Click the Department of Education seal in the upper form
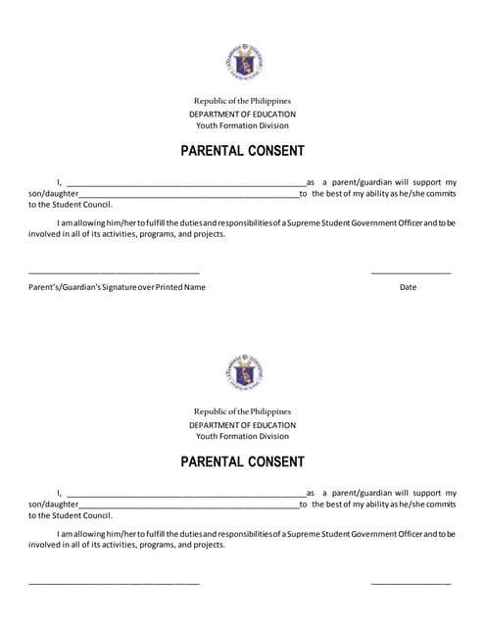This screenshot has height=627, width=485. (242, 63)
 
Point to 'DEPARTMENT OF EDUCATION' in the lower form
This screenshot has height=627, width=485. (242, 424)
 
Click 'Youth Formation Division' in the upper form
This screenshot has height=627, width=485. (242, 125)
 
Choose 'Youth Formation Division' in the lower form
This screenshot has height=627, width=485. (242, 436)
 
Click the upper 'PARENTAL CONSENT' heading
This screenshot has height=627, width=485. (242, 151)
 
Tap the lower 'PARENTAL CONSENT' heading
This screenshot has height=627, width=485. (242, 461)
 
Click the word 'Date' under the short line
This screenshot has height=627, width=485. (409, 287)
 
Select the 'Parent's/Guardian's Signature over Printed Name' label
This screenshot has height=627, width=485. (117, 287)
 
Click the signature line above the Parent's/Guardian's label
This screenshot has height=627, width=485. (114, 272)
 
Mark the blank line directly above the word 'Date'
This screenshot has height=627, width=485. (411, 272)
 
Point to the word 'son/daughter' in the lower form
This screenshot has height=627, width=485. (53, 505)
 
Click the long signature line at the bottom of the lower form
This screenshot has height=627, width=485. (114, 583)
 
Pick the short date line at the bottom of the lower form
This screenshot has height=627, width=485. (411, 583)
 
